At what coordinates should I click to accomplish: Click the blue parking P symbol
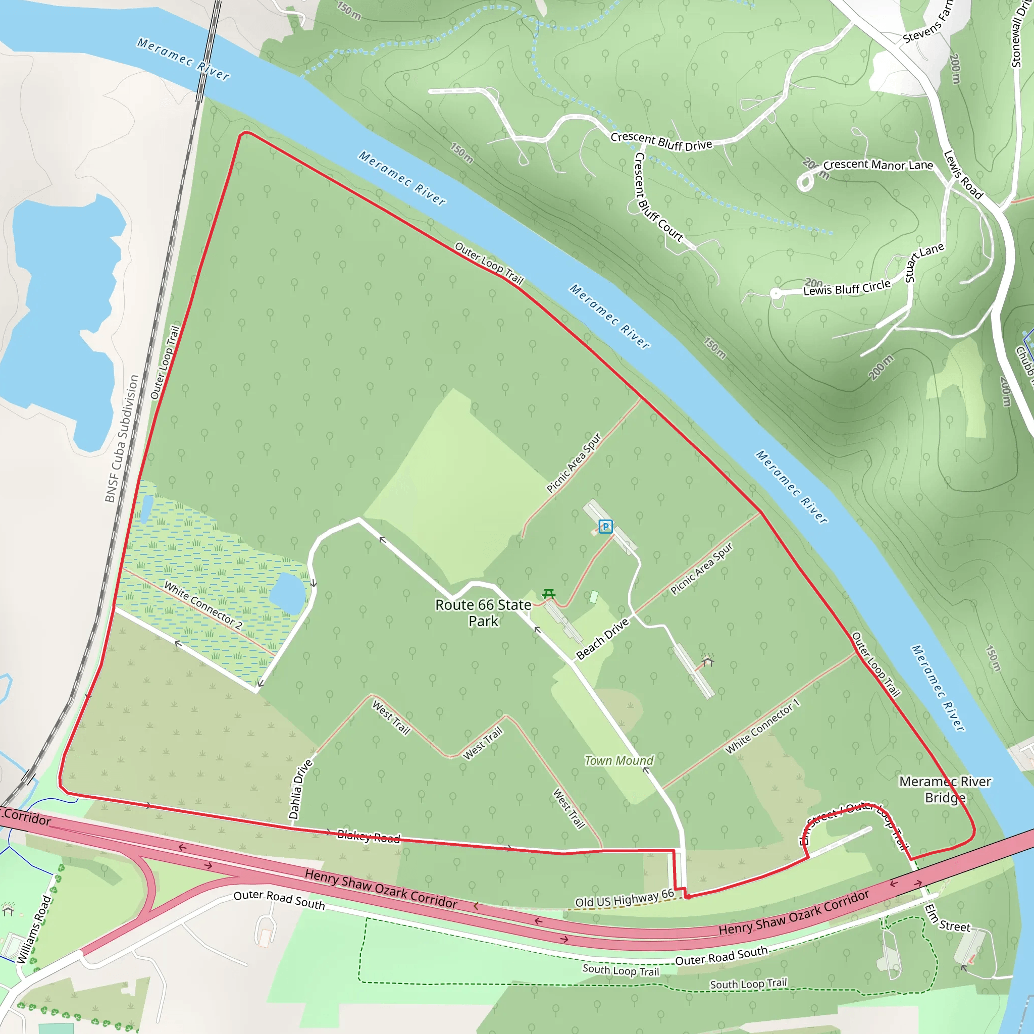click(605, 527)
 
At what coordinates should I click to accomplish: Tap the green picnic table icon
click(549, 594)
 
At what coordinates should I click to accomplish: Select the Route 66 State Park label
click(483, 613)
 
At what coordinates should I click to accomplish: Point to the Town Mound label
click(618, 760)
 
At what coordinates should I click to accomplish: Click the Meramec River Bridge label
click(945, 790)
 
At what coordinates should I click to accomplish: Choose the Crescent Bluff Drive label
click(661, 141)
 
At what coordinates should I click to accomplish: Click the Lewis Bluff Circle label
click(847, 288)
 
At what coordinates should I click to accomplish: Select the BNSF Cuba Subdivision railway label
click(122, 439)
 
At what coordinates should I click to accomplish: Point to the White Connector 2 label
click(203, 605)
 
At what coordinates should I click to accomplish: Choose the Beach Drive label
click(602, 640)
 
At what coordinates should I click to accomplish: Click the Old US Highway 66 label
click(624, 898)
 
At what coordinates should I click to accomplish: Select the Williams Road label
click(34, 929)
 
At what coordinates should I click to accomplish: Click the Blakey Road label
click(368, 837)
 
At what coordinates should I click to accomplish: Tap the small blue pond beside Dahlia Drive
click(287, 593)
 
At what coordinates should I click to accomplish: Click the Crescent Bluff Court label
click(657, 197)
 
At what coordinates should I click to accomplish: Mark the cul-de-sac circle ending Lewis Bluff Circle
click(776, 293)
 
